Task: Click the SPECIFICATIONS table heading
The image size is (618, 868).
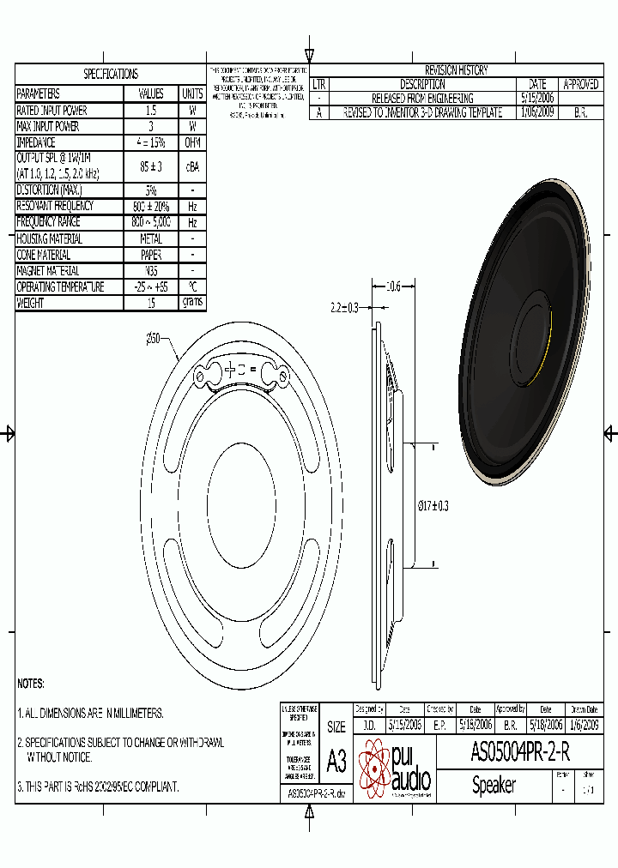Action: pyautogui.click(x=111, y=75)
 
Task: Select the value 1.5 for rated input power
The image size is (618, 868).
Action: pyautogui.click(x=151, y=111)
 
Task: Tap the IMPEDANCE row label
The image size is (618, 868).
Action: pyautogui.click(x=36, y=142)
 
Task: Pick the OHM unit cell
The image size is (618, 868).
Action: pyautogui.click(x=192, y=142)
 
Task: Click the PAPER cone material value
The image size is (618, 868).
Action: pyautogui.click(x=151, y=255)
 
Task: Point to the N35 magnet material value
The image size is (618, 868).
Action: pyautogui.click(x=151, y=271)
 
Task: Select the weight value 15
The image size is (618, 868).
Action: pyautogui.click(x=151, y=303)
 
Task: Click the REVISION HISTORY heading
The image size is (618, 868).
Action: pyautogui.click(x=456, y=71)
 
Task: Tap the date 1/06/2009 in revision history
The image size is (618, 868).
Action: pyautogui.click(x=537, y=112)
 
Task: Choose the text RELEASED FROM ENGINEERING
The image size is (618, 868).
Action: pyautogui.click(x=422, y=99)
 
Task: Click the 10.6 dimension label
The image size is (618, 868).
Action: pyautogui.click(x=393, y=286)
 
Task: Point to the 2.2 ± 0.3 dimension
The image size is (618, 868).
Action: pyautogui.click(x=344, y=306)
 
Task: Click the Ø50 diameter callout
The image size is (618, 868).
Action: pyautogui.click(x=154, y=340)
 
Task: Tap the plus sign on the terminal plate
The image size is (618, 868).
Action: pyautogui.click(x=229, y=371)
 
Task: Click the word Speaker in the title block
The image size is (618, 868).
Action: pyautogui.click(x=494, y=785)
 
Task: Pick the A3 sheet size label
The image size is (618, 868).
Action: pyautogui.click(x=336, y=761)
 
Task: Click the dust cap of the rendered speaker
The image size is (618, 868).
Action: pyautogui.click(x=534, y=341)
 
